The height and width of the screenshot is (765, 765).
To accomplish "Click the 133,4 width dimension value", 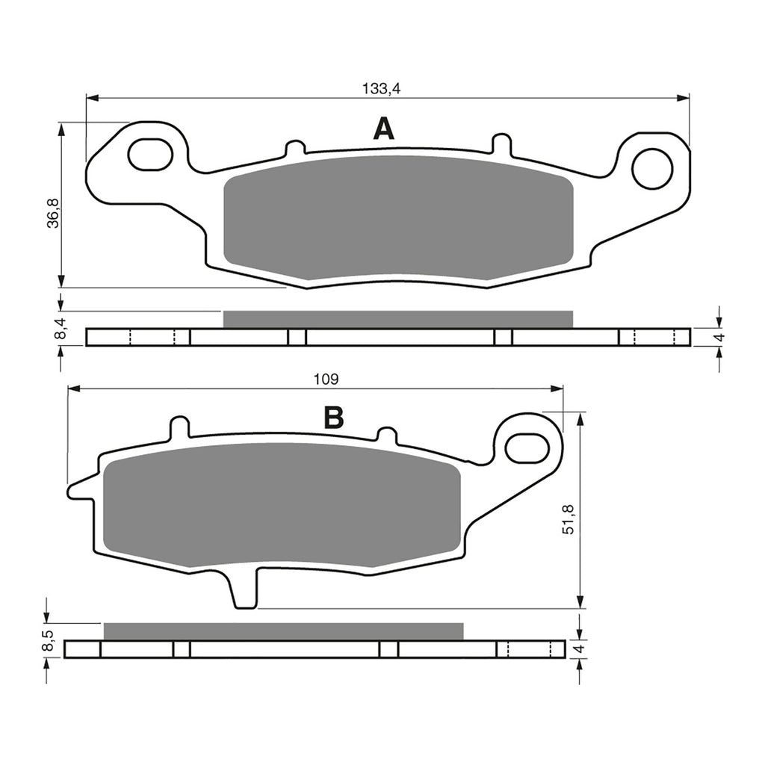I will (381, 88).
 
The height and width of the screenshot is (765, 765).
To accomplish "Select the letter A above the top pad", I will (383, 129).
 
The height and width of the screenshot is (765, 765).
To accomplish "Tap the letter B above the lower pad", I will (333, 418).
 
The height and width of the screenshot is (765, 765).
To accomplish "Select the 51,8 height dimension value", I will (569, 518).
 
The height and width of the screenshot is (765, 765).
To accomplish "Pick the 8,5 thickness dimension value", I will (49, 641).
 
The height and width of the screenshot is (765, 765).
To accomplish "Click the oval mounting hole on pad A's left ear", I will (150, 154).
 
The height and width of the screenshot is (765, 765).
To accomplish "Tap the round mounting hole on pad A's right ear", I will (651, 168).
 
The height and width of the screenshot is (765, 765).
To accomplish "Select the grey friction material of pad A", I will (398, 217).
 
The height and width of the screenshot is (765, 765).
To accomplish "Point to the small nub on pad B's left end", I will (78, 490).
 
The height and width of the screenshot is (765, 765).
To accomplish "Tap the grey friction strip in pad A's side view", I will (397, 319).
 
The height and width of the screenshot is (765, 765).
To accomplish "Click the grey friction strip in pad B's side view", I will (283, 631).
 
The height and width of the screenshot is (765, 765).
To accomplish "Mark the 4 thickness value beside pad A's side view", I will (719, 337).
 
